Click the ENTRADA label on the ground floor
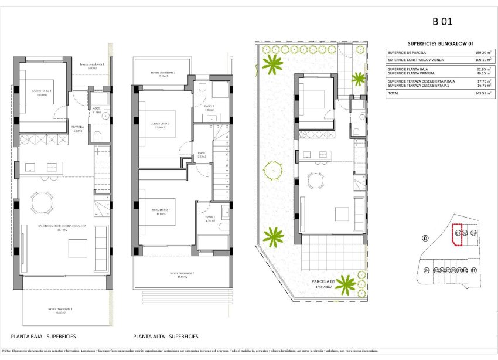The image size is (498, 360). tap(78, 127)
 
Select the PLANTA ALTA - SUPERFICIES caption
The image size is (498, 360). tap(165, 337)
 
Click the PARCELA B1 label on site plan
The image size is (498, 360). tap(323, 283)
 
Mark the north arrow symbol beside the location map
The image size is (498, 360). tap(425, 237)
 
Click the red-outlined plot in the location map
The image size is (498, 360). tap(458, 233)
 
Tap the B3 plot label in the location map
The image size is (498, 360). tap(473, 233)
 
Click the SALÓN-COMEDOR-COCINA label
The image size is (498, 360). tap(63, 226)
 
